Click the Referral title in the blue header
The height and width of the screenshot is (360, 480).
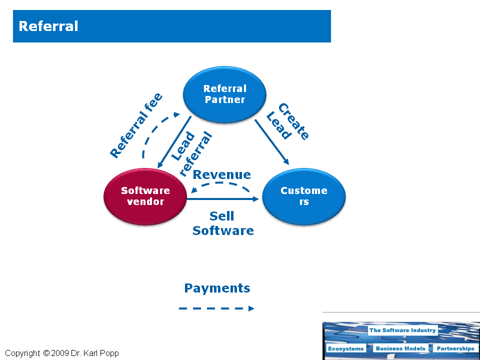(x=48, y=26)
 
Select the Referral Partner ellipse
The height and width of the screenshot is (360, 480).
(x=224, y=94)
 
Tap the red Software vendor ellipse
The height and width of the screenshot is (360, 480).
(x=145, y=196)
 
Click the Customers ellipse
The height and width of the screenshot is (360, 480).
(x=303, y=196)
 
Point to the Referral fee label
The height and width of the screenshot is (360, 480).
(x=136, y=125)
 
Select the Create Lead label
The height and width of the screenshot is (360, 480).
(x=287, y=122)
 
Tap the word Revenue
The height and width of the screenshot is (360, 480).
(x=221, y=174)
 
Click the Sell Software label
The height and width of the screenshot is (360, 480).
(x=222, y=223)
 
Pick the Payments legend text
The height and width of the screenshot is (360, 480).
(x=217, y=288)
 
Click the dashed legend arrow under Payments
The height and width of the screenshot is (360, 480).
(x=216, y=308)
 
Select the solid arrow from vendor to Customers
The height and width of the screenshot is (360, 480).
(x=223, y=199)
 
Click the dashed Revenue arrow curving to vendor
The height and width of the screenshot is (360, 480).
(x=220, y=185)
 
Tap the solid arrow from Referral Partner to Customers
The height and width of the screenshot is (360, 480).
(x=272, y=142)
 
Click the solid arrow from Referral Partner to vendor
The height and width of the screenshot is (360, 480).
(x=174, y=143)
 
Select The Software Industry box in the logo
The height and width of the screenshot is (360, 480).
(x=402, y=330)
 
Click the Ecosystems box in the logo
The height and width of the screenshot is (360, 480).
(x=346, y=348)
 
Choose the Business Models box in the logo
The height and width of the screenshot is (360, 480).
(x=400, y=348)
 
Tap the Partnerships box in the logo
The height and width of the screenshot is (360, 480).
(x=454, y=348)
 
